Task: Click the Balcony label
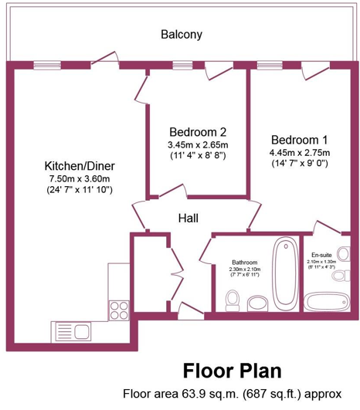pyautogui.click(x=182, y=35)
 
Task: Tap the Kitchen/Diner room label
pyautogui.click(x=80, y=166)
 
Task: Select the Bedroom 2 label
pyautogui.click(x=198, y=132)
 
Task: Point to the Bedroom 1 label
pyautogui.click(x=299, y=140)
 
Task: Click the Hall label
pyautogui.click(x=188, y=218)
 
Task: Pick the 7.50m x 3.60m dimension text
pyautogui.click(x=80, y=179)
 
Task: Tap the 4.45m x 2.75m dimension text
pyautogui.click(x=300, y=152)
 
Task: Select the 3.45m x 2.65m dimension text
pyautogui.click(x=198, y=144)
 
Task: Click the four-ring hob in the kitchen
pyautogui.click(x=119, y=310)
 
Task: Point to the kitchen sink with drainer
pyautogui.click(x=71, y=332)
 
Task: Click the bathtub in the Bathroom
pyautogui.click(x=285, y=271)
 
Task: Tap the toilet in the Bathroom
pyautogui.click(x=232, y=300)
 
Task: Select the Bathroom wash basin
pyautogui.click(x=257, y=303)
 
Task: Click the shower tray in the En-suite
pyautogui.click(x=327, y=302)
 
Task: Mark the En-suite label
pyautogui.click(x=321, y=255)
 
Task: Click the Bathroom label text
pyautogui.click(x=245, y=263)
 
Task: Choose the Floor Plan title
pyautogui.click(x=232, y=371)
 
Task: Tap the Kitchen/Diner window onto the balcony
pyautogui.click(x=47, y=65)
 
